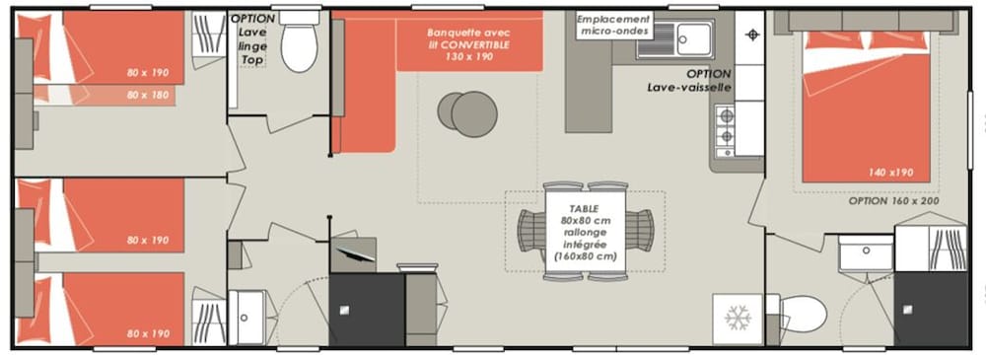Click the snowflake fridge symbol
[738, 319]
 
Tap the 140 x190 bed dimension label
[890, 173]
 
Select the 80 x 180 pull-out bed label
[147, 95]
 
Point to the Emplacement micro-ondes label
[613, 26]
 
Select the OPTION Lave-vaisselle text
[690, 81]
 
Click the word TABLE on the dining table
[584, 208]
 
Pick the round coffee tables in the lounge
[467, 113]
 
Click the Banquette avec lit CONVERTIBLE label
[468, 44]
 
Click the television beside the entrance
[353, 253]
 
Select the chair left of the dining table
[530, 231]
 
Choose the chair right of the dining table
[640, 231]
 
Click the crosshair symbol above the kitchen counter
[750, 35]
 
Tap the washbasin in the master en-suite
[866, 253]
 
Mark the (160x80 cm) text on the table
[584, 256]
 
